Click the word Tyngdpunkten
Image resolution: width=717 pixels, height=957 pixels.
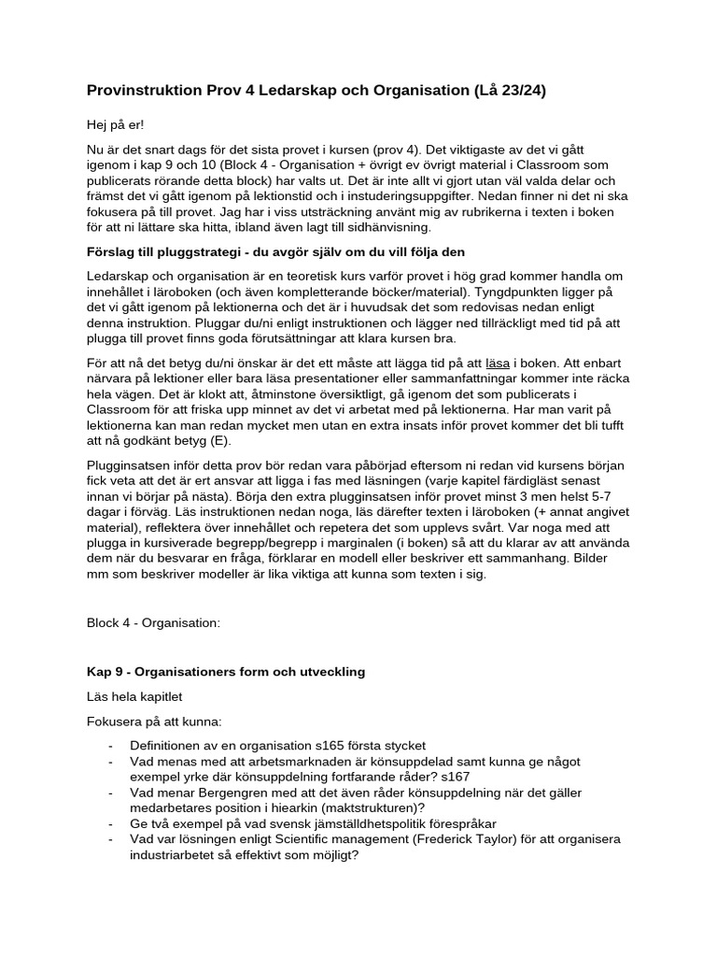click(539, 293)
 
